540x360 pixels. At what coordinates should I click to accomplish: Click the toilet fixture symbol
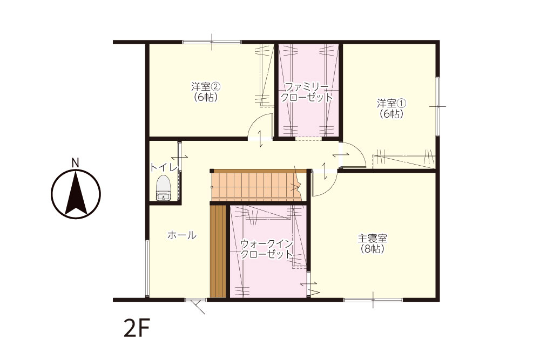pos(163,188)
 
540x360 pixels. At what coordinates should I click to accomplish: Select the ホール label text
pos(182,235)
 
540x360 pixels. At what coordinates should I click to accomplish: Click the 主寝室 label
pos(372,238)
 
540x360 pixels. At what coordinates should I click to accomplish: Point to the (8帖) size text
pos(372,249)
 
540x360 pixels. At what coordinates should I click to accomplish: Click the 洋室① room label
pos(391,103)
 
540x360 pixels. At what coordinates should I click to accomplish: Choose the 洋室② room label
pos(206,86)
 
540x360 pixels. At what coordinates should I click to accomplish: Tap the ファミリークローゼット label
pos(307,92)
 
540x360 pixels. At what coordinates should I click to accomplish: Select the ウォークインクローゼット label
pos(267,249)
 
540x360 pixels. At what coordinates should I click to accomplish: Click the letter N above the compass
pos(76,163)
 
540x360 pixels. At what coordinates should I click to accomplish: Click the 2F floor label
pos(137,329)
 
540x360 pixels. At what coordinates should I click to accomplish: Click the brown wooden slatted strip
pos(218,251)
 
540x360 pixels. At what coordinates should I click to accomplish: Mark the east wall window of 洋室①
pos(437,106)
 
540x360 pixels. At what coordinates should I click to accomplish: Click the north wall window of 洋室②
pos(212,42)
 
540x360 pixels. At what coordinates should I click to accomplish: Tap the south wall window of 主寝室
pos(373,300)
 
